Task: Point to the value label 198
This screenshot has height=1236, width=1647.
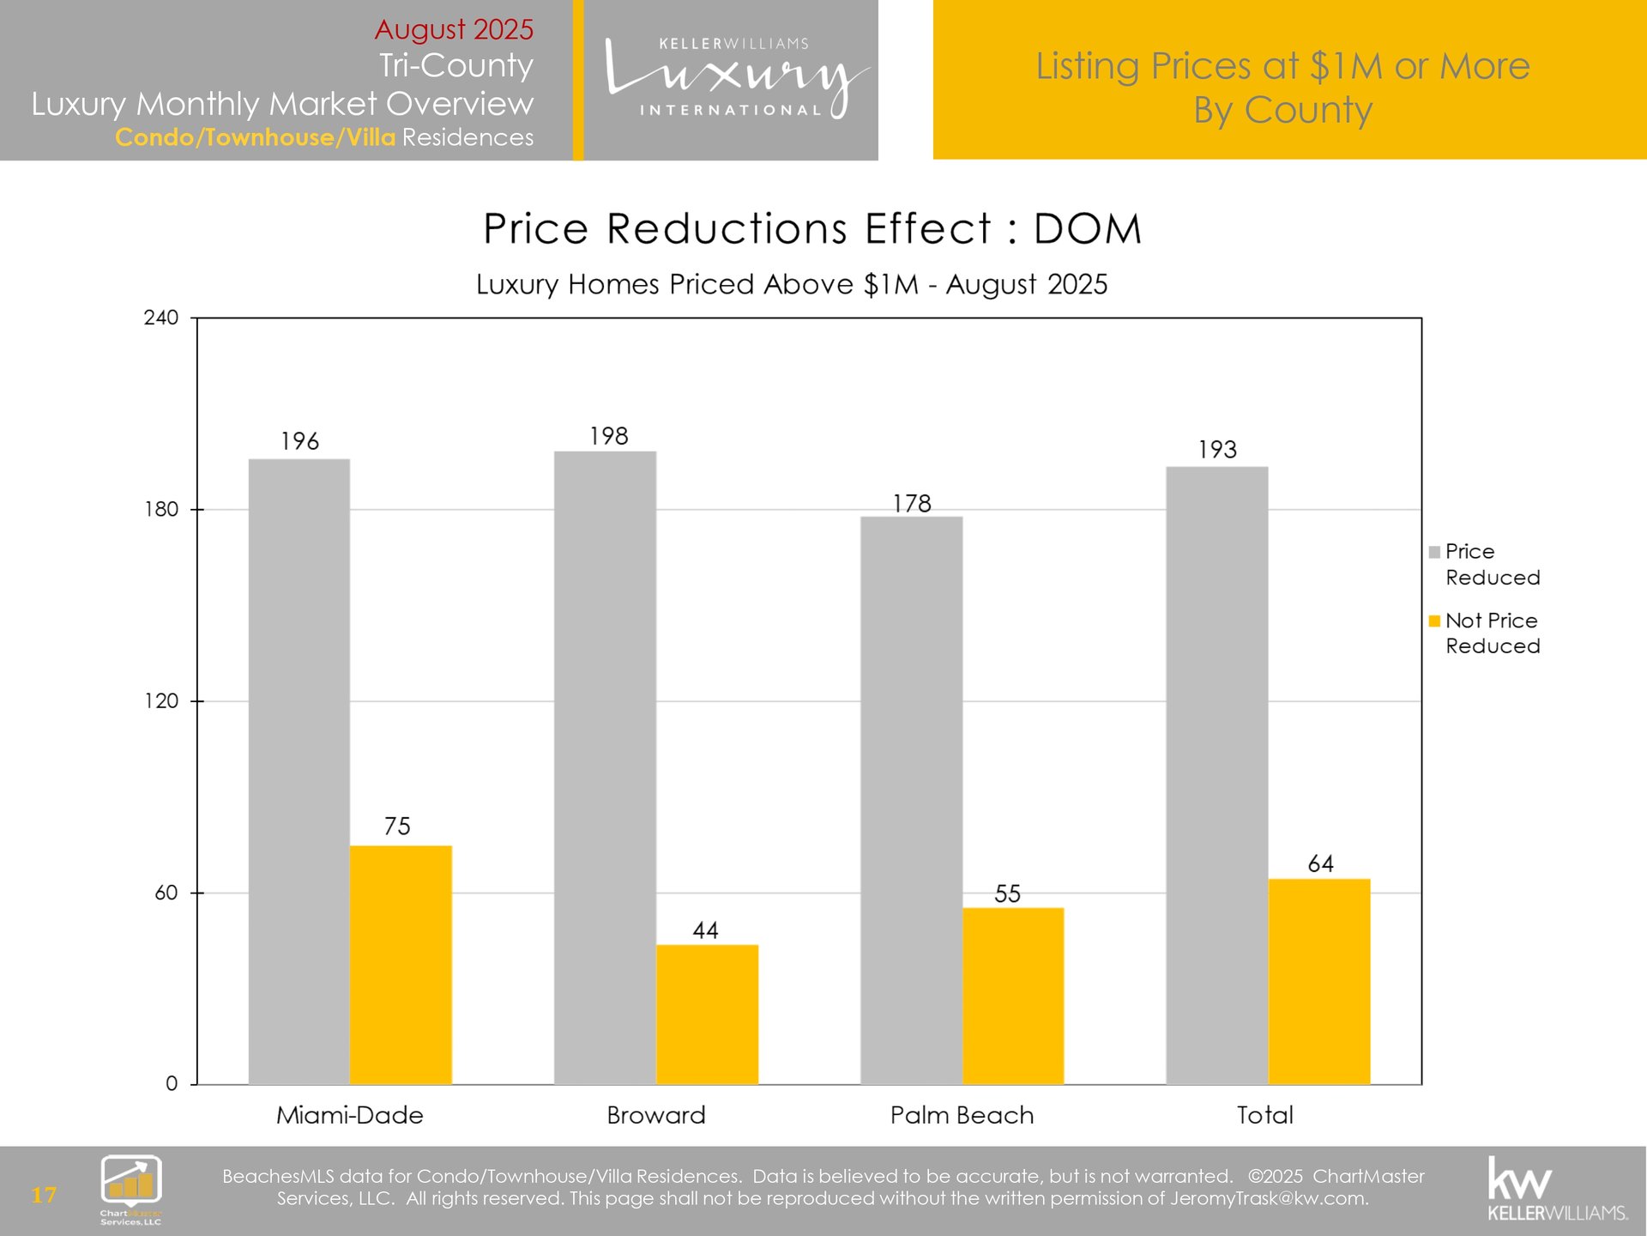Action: [x=609, y=436]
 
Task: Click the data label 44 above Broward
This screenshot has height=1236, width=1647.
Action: [x=705, y=930]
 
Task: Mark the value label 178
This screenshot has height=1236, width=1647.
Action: [x=911, y=503]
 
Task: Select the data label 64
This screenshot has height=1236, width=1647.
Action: [x=1320, y=863]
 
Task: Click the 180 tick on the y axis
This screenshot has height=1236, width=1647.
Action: [x=161, y=510]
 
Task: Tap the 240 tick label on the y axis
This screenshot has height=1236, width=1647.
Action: [x=161, y=318]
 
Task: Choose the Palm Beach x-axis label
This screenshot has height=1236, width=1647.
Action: [x=962, y=1115]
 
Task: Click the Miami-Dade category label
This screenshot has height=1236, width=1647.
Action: [x=350, y=1115]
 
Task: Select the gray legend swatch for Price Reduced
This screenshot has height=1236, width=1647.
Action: [x=1434, y=552]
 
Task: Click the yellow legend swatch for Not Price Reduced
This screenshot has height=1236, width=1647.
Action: [x=1434, y=621]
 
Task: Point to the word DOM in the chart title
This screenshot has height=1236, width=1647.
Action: [x=1087, y=229]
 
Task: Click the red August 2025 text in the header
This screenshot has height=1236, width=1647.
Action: [x=454, y=29]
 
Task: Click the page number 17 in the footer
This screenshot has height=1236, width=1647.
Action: [x=44, y=1195]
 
